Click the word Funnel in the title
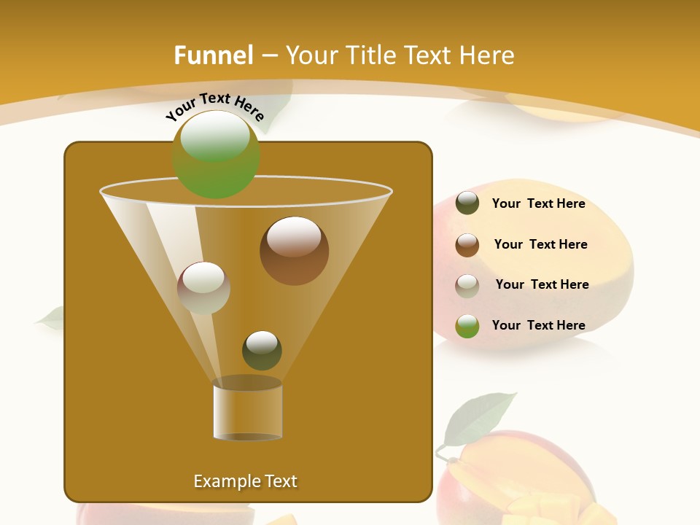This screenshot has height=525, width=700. click(x=213, y=55)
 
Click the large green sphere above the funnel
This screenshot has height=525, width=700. click(x=216, y=155)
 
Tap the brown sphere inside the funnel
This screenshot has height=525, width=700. click(x=294, y=251)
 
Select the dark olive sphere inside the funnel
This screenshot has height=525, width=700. click(x=262, y=350)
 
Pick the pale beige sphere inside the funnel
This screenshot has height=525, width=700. click(x=203, y=287)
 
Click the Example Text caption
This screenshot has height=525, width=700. click(x=245, y=481)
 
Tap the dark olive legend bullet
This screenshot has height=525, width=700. click(x=467, y=203)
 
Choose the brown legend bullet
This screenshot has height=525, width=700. click(x=467, y=244)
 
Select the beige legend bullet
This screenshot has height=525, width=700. click(x=467, y=285)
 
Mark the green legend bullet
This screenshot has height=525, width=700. click(x=467, y=326)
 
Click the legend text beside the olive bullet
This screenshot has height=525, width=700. click(x=538, y=203)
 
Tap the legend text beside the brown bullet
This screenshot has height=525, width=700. click(x=540, y=244)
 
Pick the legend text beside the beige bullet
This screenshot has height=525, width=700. click(x=542, y=284)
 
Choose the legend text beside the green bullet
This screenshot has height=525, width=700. click(x=538, y=325)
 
